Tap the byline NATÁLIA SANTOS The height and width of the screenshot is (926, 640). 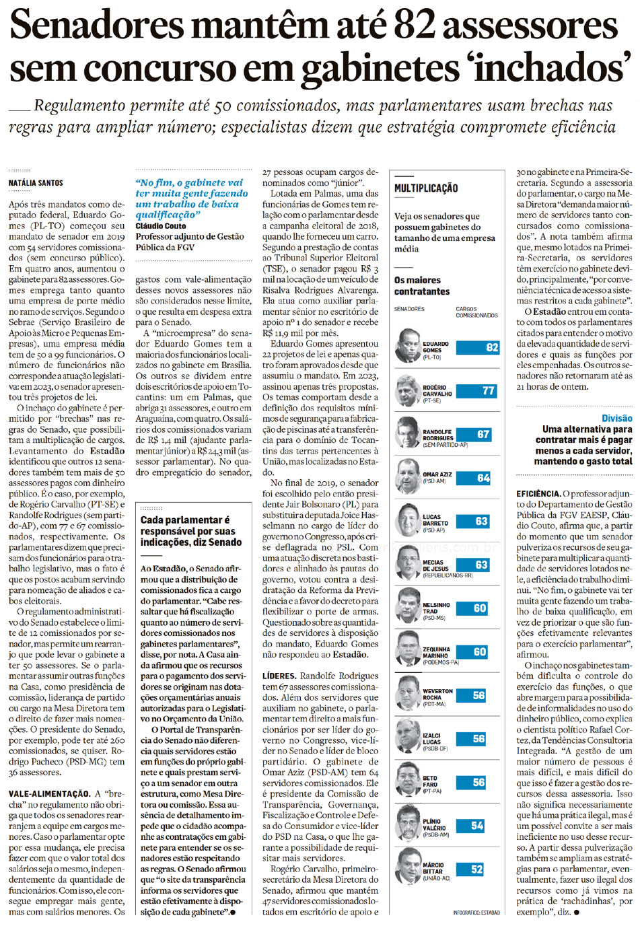coord(36,183)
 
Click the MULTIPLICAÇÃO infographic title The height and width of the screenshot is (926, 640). coord(426,188)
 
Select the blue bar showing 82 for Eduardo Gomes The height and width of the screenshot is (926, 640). coord(478,347)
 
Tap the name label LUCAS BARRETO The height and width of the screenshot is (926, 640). coord(435,520)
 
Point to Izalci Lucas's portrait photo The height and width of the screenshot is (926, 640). coord(408,736)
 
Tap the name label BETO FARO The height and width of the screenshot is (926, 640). coord(430,781)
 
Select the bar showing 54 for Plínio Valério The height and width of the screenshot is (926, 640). coord(470,826)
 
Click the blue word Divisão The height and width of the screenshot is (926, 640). coord(616,418)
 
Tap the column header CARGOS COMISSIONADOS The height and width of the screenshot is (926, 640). coord(476,312)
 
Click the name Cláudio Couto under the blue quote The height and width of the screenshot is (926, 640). coord(161,226)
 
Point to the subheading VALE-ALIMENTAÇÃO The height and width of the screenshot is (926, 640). coord(49,794)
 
